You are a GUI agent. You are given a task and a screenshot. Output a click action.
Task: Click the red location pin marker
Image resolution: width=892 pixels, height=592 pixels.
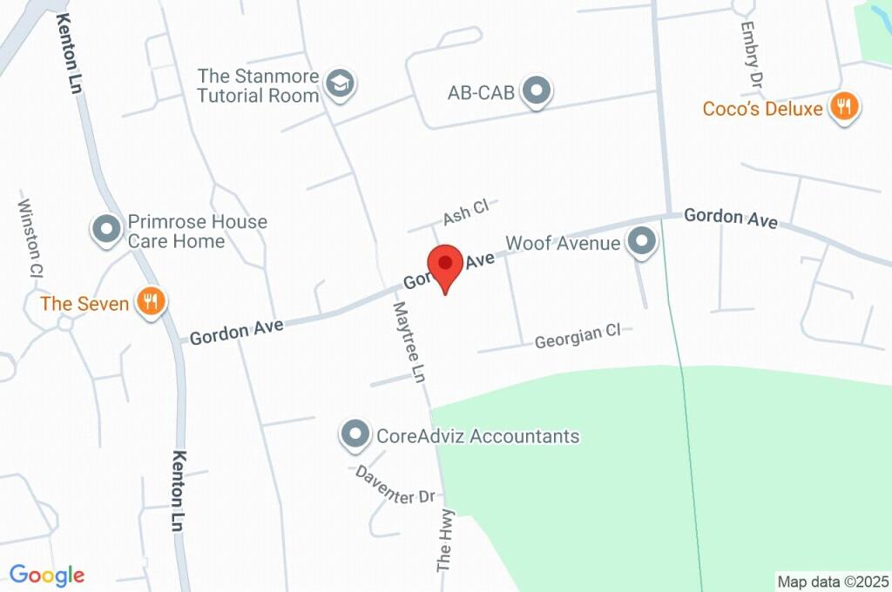click(x=445, y=264)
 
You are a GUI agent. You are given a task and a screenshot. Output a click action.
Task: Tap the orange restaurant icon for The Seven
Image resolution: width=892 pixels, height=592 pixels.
click(x=152, y=302)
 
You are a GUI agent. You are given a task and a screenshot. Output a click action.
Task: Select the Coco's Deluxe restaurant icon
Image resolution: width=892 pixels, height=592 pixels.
click(x=842, y=107)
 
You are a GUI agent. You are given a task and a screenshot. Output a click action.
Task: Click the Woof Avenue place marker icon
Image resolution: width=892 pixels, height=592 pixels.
click(x=642, y=242)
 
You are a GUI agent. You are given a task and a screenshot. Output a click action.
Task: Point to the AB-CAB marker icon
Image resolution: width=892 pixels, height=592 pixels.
click(x=537, y=91)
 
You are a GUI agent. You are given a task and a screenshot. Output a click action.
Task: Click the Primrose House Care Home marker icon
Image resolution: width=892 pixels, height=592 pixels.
click(x=107, y=230)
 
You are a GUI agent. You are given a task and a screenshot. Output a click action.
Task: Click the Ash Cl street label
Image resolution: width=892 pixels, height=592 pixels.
click(x=467, y=212)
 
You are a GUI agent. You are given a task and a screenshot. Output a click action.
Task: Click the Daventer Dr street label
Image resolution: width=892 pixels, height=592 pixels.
click(x=395, y=485)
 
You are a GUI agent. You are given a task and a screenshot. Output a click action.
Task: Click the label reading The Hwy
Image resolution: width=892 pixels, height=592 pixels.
click(x=446, y=540)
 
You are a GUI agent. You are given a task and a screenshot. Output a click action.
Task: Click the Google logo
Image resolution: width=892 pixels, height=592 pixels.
click(x=47, y=575)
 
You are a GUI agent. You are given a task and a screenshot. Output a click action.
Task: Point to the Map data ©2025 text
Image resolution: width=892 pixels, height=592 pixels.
click(x=833, y=582)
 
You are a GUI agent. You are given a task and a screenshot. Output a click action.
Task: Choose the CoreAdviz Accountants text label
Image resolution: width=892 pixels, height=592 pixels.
click(x=476, y=435)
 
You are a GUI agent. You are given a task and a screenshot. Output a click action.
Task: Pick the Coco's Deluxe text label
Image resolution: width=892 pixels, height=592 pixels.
click(x=763, y=109)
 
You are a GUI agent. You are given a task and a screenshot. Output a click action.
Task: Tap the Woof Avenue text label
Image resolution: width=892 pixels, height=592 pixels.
click(x=563, y=243)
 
